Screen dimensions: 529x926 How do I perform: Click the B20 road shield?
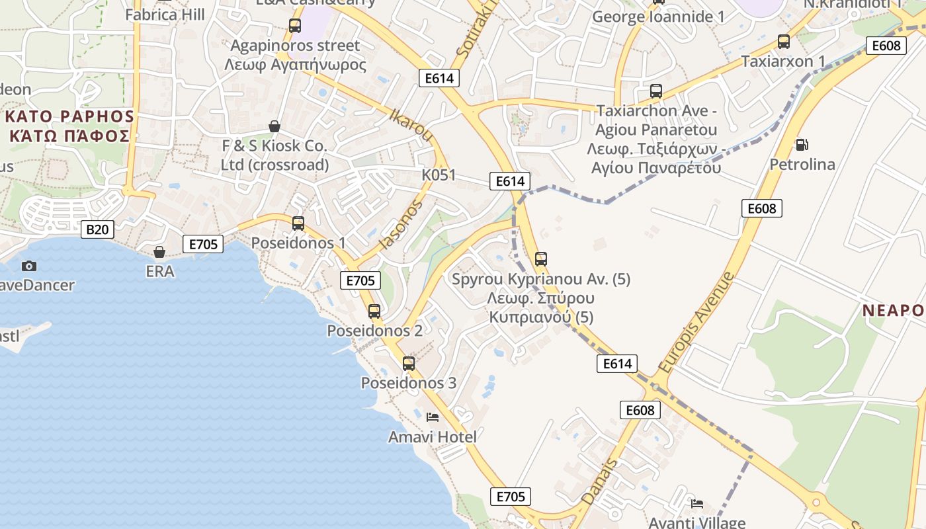(x=97, y=229)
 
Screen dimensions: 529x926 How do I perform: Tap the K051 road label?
(x=439, y=175)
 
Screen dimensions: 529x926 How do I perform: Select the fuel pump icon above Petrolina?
(x=802, y=144)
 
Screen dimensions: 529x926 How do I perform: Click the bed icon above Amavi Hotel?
(x=433, y=417)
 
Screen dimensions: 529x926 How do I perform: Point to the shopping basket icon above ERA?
(x=159, y=252)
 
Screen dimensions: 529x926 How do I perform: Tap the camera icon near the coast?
(x=29, y=266)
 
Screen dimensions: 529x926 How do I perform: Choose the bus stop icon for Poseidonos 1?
(x=298, y=224)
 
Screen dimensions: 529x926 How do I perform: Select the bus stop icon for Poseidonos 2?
(x=374, y=311)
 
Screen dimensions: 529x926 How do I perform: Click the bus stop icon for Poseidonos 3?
(x=409, y=363)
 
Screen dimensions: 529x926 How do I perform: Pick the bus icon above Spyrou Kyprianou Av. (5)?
(x=541, y=259)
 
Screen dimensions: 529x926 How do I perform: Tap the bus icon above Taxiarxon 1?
(x=784, y=42)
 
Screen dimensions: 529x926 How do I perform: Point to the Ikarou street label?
(x=411, y=126)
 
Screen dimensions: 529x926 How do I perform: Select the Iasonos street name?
(x=400, y=225)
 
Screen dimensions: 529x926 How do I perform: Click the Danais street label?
(x=599, y=481)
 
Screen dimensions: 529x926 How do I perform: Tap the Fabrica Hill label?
(x=165, y=14)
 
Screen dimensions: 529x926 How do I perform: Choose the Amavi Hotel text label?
(x=432, y=436)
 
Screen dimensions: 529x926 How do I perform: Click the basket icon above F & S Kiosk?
(x=274, y=126)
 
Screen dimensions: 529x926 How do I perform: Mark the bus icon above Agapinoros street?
(x=295, y=26)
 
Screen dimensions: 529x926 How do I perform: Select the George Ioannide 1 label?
(x=658, y=17)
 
